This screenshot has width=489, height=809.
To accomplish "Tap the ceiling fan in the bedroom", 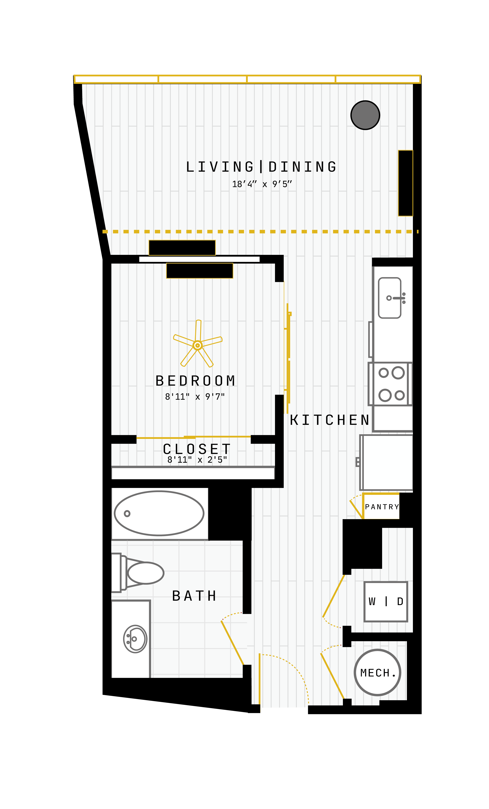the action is [x=197, y=345].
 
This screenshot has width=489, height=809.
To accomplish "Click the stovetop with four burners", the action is [x=390, y=384].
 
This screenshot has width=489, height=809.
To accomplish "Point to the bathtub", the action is [x=159, y=513].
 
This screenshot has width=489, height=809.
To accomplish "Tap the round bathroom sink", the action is [x=135, y=639].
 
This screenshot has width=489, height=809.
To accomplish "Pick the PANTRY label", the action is [x=382, y=507].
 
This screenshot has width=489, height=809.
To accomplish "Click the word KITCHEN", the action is [x=330, y=420].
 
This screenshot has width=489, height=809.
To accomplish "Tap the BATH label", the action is [x=194, y=596].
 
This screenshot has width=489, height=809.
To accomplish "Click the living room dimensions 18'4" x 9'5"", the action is [x=262, y=184].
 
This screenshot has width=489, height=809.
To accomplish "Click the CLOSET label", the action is [x=197, y=449].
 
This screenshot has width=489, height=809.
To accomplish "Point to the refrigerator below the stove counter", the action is [x=387, y=463].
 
